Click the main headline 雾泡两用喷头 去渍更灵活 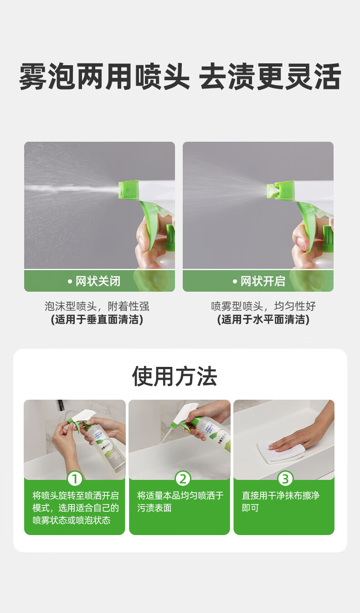point(180,76)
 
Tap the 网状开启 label point(259,281)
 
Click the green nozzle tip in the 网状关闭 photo point(129,190)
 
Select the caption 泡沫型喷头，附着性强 point(97,306)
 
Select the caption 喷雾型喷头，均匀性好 point(263,306)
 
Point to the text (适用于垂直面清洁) point(97,319)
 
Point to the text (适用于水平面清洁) point(263,319)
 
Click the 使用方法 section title point(175,376)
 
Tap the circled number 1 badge point(75,479)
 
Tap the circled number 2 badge point(183,479)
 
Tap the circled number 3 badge point(285,479)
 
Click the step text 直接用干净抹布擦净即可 point(280,501)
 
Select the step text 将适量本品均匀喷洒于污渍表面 point(180,501)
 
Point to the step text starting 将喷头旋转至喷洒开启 point(76,508)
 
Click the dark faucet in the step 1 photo point(61,405)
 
